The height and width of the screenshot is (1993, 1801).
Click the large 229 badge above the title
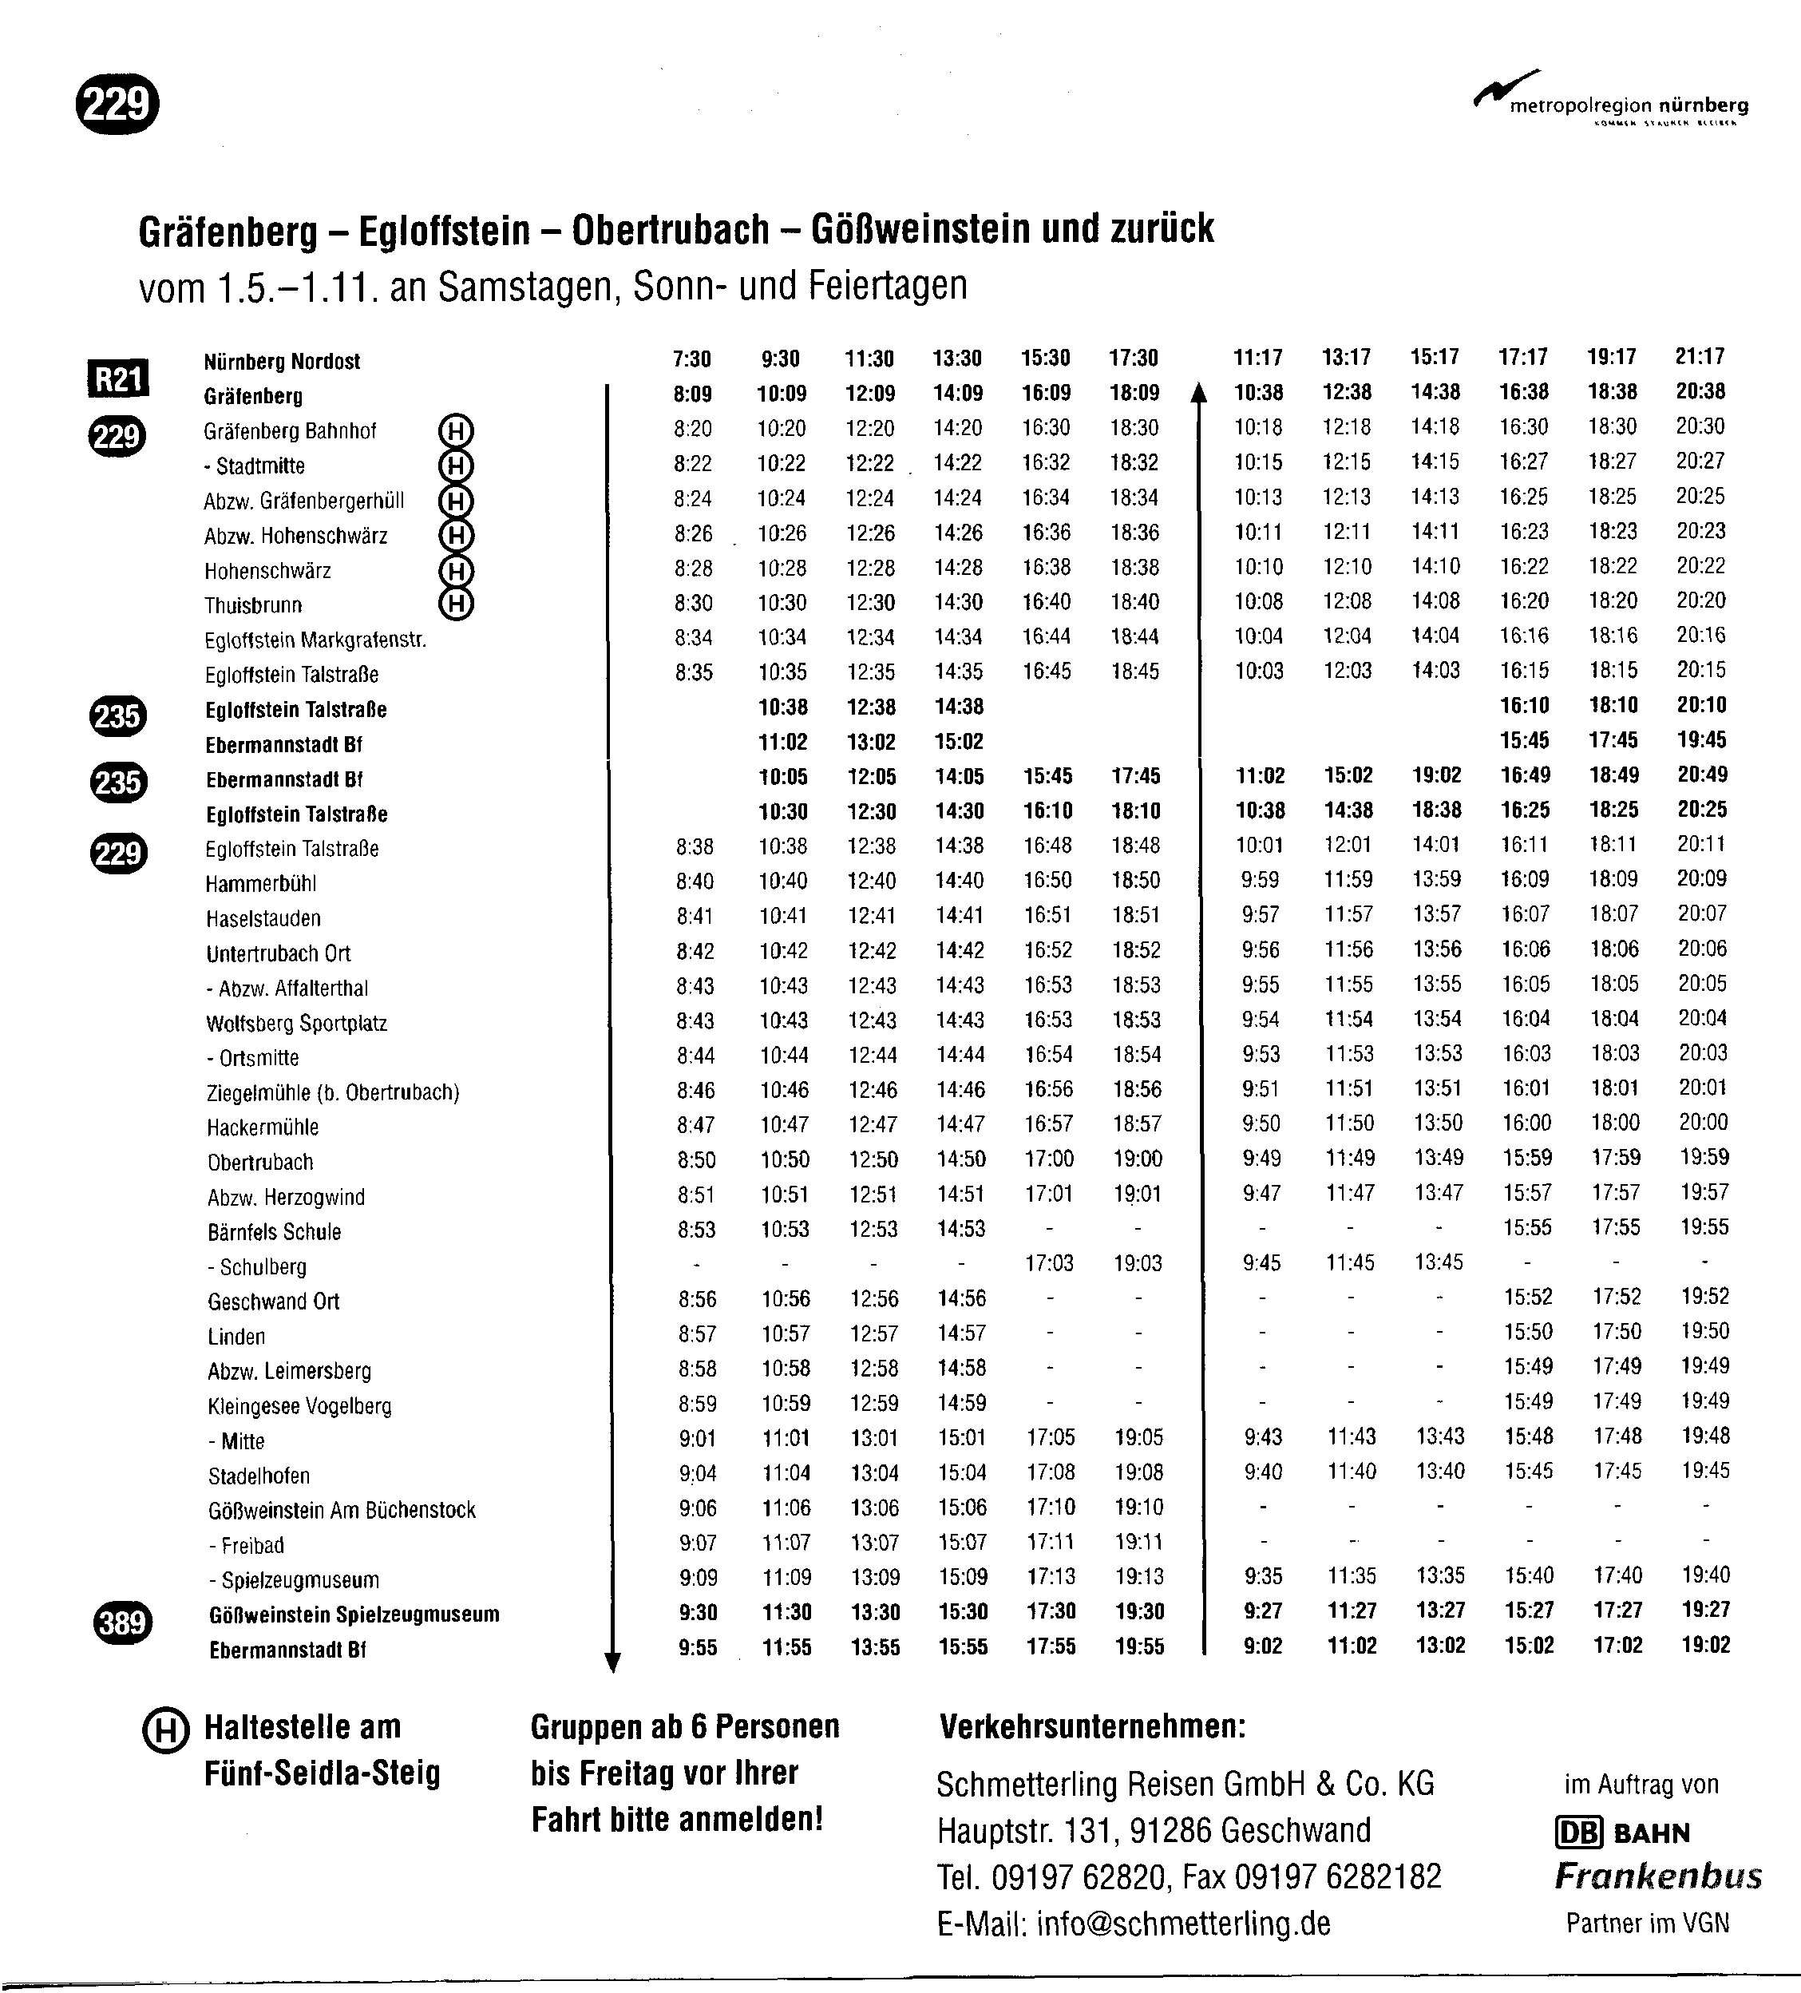pos(117,103)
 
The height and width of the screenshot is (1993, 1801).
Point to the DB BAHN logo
pos(1622,1833)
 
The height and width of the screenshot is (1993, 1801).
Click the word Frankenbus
pos(1657,1876)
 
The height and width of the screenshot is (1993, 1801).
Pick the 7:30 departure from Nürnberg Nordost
pos(692,359)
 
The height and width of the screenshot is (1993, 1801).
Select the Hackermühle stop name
pos(262,1127)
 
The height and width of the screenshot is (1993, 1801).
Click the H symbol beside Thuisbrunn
pos(456,603)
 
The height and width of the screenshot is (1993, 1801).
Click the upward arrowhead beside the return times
pos(1199,394)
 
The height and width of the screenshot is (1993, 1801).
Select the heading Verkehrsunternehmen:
pos(1092,1727)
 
